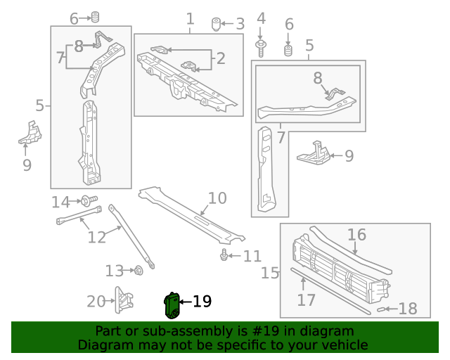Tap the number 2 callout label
click(x=221, y=58)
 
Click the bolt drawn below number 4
click(x=261, y=48)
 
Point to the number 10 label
click(x=217, y=198)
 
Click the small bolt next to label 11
click(x=224, y=255)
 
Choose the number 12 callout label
click(x=96, y=237)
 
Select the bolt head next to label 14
click(x=86, y=201)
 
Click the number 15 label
click(x=271, y=272)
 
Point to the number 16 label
click(x=356, y=234)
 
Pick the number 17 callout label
click(x=305, y=300)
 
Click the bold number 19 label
click(x=201, y=302)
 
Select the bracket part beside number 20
click(x=125, y=301)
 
